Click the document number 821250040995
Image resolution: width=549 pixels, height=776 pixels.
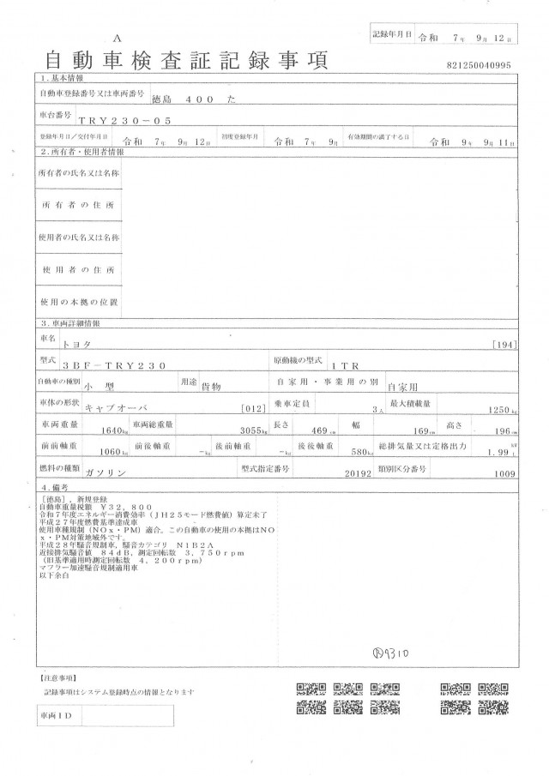pyautogui.click(x=479, y=65)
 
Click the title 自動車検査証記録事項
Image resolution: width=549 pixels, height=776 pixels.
pyautogui.click(x=185, y=61)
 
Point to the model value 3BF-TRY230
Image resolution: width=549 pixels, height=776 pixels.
pyautogui.click(x=119, y=364)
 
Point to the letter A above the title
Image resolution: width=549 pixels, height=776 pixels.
pyautogui.click(x=118, y=39)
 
